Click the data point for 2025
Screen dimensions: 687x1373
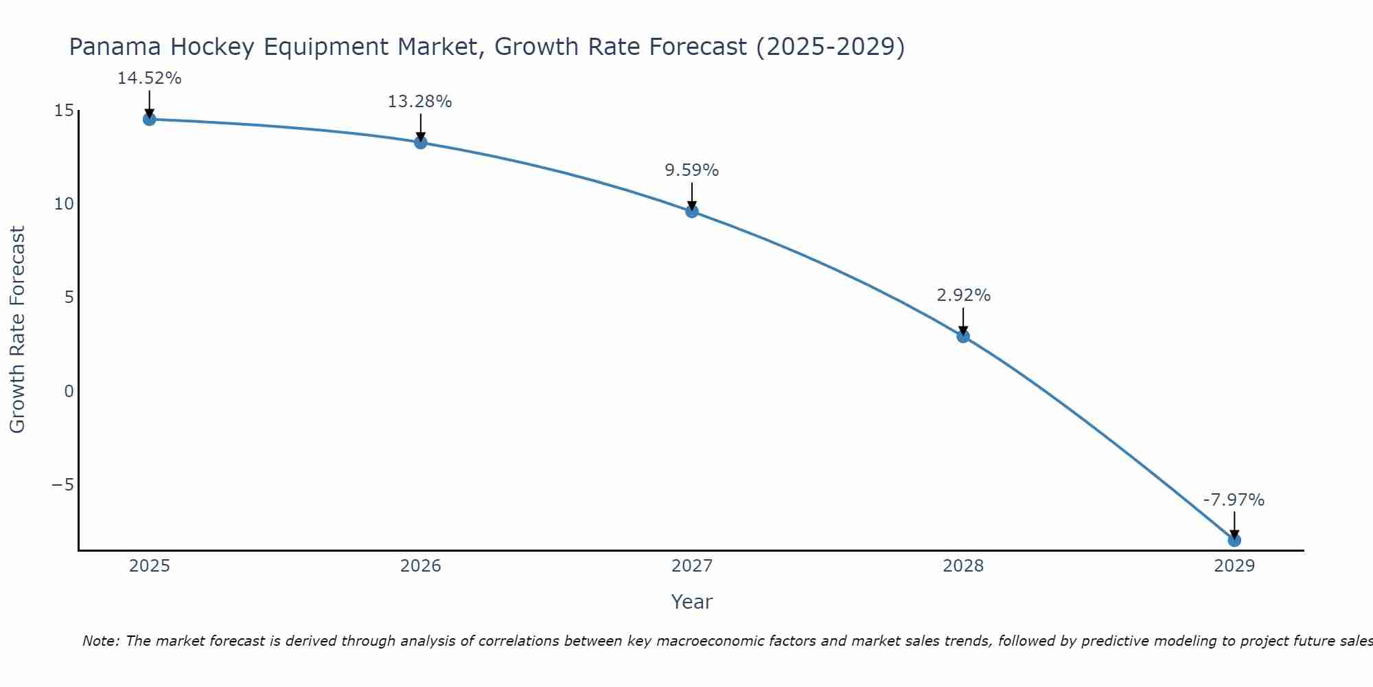(149, 119)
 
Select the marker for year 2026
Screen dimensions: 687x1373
(420, 142)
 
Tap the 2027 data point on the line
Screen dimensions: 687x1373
(691, 211)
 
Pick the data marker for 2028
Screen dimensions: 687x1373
(962, 336)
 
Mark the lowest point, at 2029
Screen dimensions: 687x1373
(1234, 540)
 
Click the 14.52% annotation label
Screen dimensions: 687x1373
(149, 78)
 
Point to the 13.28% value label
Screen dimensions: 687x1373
(419, 102)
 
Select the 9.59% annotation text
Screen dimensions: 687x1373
(691, 170)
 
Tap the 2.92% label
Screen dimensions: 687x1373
(963, 295)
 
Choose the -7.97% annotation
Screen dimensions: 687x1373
(1234, 500)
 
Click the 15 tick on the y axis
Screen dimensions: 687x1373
(64, 111)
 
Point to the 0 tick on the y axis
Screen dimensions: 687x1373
(69, 392)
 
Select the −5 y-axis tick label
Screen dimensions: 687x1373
(62, 485)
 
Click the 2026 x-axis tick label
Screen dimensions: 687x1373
(420, 566)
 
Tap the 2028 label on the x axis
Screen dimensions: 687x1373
(962, 566)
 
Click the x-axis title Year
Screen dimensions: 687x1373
(691, 602)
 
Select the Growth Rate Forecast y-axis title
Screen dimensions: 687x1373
(18, 330)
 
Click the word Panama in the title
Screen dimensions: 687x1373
(116, 47)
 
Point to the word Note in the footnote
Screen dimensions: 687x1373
(102, 641)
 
